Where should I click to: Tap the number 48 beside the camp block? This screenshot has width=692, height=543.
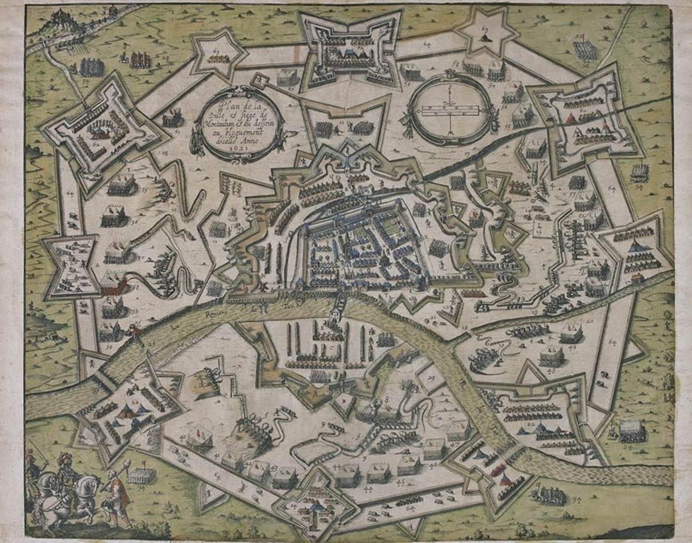coord(552,370)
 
